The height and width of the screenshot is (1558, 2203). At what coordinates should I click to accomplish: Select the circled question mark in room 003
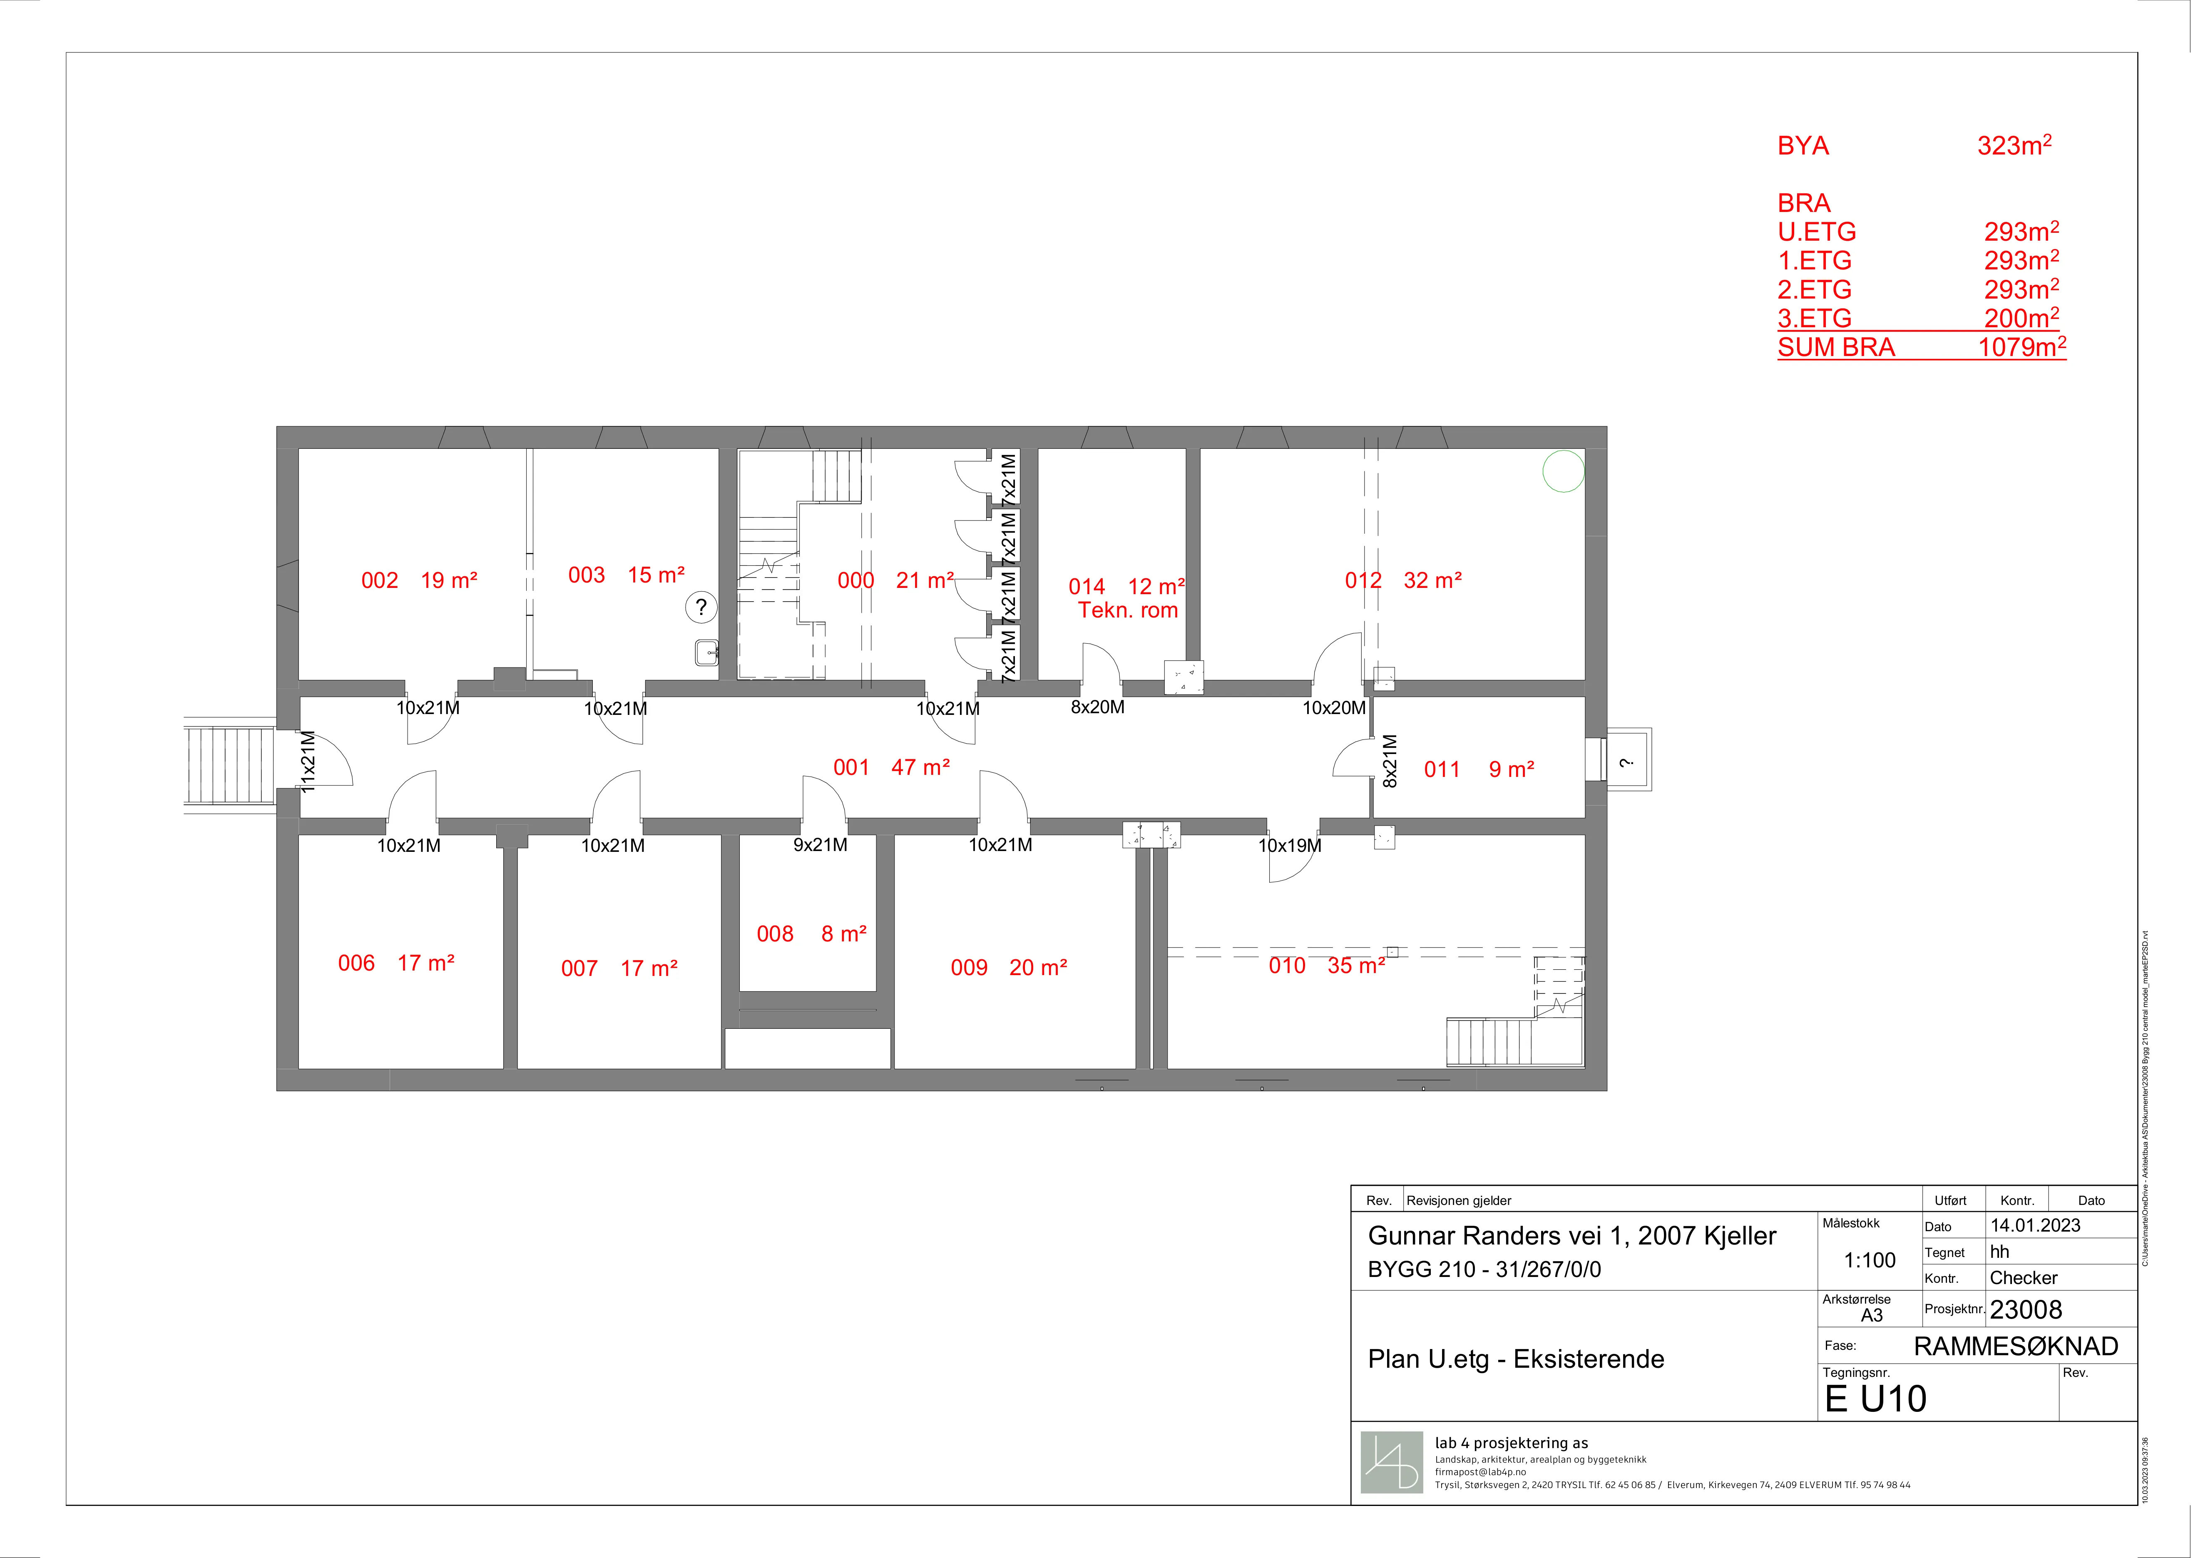pyautogui.click(x=701, y=606)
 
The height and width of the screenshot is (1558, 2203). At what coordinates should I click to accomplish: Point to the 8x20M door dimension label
pyautogui.click(x=1098, y=707)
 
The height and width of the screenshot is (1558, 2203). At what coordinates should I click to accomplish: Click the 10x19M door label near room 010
pyautogui.click(x=1290, y=845)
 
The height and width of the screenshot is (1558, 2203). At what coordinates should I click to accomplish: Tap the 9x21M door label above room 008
pyautogui.click(x=821, y=845)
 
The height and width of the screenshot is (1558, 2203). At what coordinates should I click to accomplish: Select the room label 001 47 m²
pyautogui.click(x=891, y=767)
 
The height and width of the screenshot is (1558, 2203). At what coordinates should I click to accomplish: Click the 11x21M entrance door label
pyautogui.click(x=307, y=762)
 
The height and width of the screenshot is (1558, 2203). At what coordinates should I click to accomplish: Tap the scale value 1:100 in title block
pyautogui.click(x=1870, y=1261)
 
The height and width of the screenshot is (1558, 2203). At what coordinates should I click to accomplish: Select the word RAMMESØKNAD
pyautogui.click(x=2016, y=1346)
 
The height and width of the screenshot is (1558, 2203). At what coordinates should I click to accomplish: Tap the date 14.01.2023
pyautogui.click(x=2035, y=1225)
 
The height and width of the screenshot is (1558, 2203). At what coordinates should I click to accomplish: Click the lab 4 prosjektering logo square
pyautogui.click(x=1391, y=1462)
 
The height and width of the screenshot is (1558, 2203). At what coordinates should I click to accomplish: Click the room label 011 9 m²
pyautogui.click(x=1479, y=769)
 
